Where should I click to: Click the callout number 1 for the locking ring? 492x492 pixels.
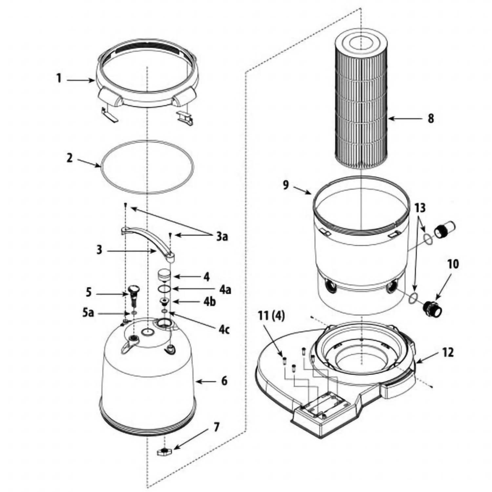[x=59, y=79]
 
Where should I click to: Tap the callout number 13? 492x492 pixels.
[x=420, y=208]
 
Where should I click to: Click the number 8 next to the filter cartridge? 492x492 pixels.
[x=431, y=118]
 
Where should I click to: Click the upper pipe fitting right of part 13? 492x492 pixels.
[x=444, y=231]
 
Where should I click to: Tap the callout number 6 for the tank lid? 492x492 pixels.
[x=224, y=381]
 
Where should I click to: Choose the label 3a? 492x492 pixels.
[x=222, y=236]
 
